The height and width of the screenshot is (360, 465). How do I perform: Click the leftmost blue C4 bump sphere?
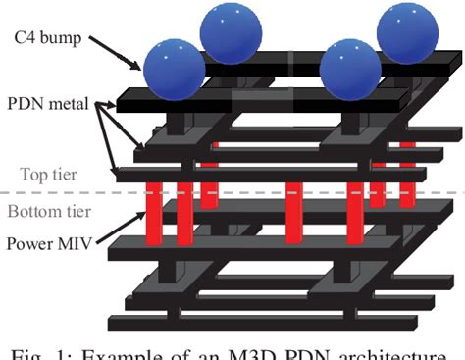pyautogui.click(x=175, y=70)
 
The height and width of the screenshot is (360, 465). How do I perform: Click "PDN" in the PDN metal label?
pyautogui.click(x=26, y=102)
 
